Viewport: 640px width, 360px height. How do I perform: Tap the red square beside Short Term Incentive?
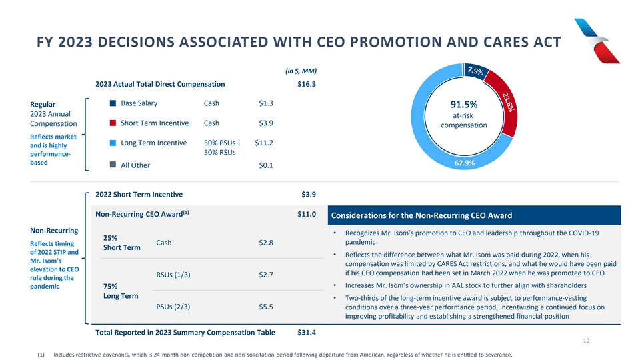click(x=113, y=123)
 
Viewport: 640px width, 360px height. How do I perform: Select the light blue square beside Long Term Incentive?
click(x=113, y=143)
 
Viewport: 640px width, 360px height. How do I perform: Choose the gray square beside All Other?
click(x=113, y=165)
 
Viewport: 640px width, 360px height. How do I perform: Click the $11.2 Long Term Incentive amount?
click(x=265, y=143)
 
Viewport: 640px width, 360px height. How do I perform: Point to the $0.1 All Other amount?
click(x=265, y=165)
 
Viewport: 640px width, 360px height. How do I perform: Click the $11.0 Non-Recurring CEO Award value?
click(x=306, y=215)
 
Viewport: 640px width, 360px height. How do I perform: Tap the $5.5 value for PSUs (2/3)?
click(x=265, y=307)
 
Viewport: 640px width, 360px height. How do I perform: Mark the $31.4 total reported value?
click(x=306, y=333)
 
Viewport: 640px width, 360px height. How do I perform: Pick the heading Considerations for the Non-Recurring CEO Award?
click(x=421, y=215)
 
